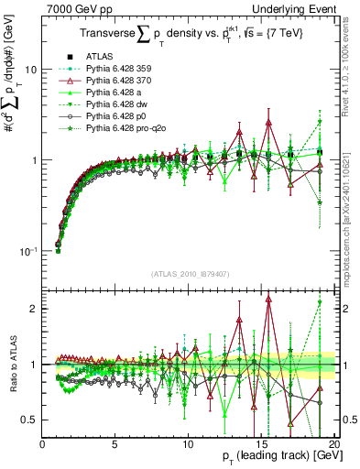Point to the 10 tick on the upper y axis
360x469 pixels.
coord(30,70)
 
